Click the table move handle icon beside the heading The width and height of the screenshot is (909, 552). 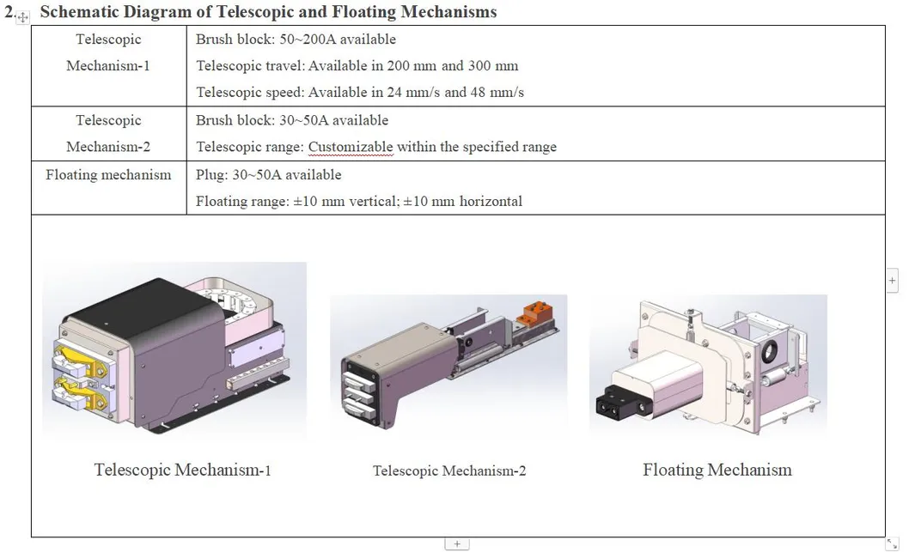[22, 16]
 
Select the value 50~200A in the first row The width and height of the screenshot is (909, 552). [308, 39]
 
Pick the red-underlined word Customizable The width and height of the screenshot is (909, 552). [351, 147]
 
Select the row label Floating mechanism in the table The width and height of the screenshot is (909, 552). [108, 175]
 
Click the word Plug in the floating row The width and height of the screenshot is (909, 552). [210, 175]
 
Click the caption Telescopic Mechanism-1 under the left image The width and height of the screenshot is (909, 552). [183, 470]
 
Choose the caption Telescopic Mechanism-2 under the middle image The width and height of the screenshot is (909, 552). [449, 470]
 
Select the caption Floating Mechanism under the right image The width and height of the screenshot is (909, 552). [717, 470]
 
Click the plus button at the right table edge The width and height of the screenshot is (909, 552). [893, 280]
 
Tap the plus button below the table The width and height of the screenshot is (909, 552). [457, 543]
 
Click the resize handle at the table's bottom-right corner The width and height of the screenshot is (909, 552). [892, 543]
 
